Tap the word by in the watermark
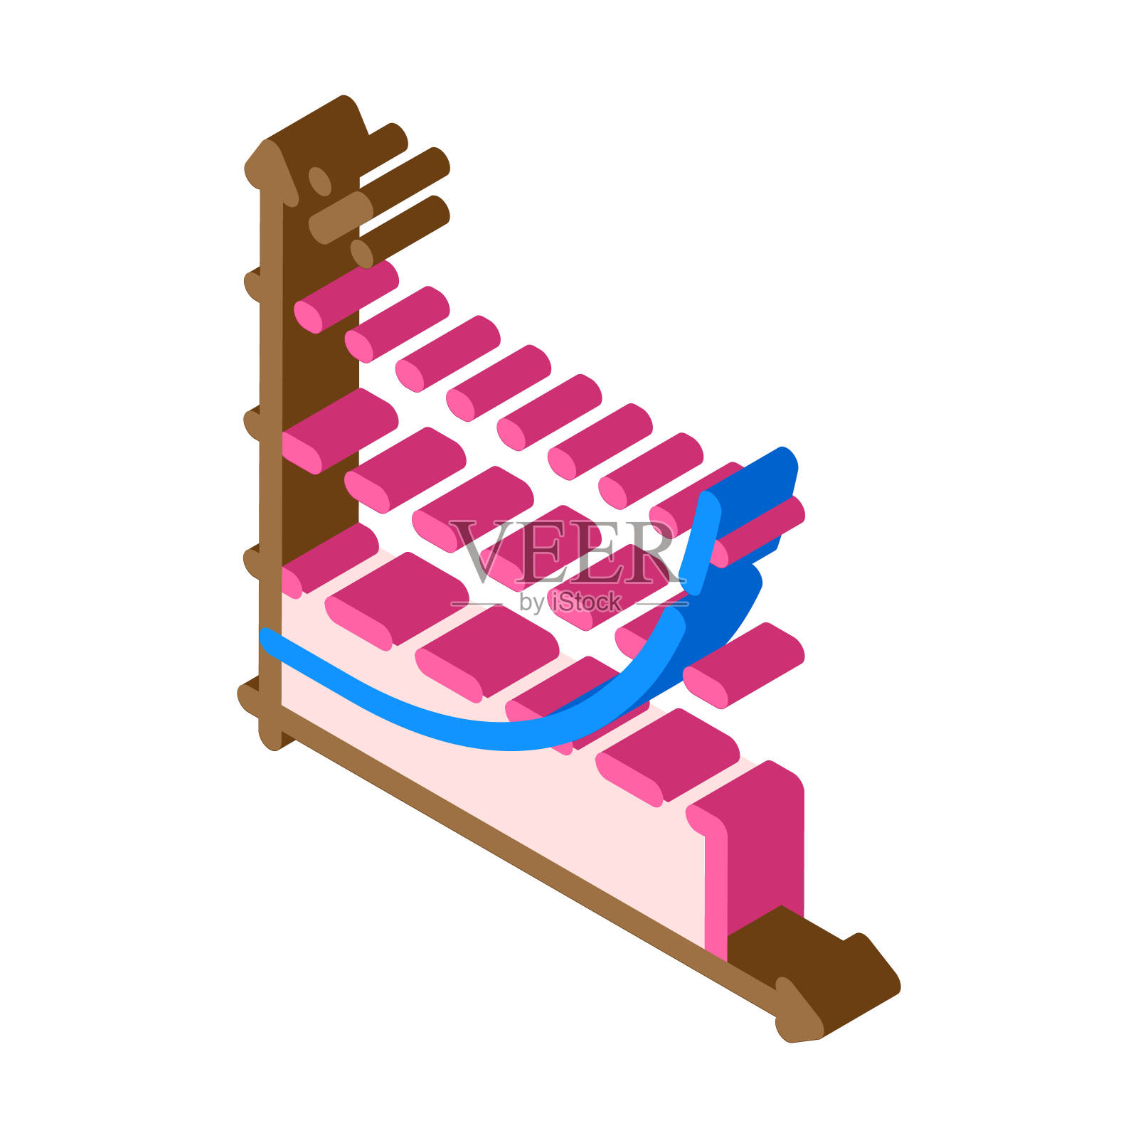[531, 603]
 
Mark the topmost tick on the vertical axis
[253, 284]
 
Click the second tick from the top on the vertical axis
[253, 424]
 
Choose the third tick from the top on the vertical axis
[253, 562]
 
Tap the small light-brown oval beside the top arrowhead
[319, 181]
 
